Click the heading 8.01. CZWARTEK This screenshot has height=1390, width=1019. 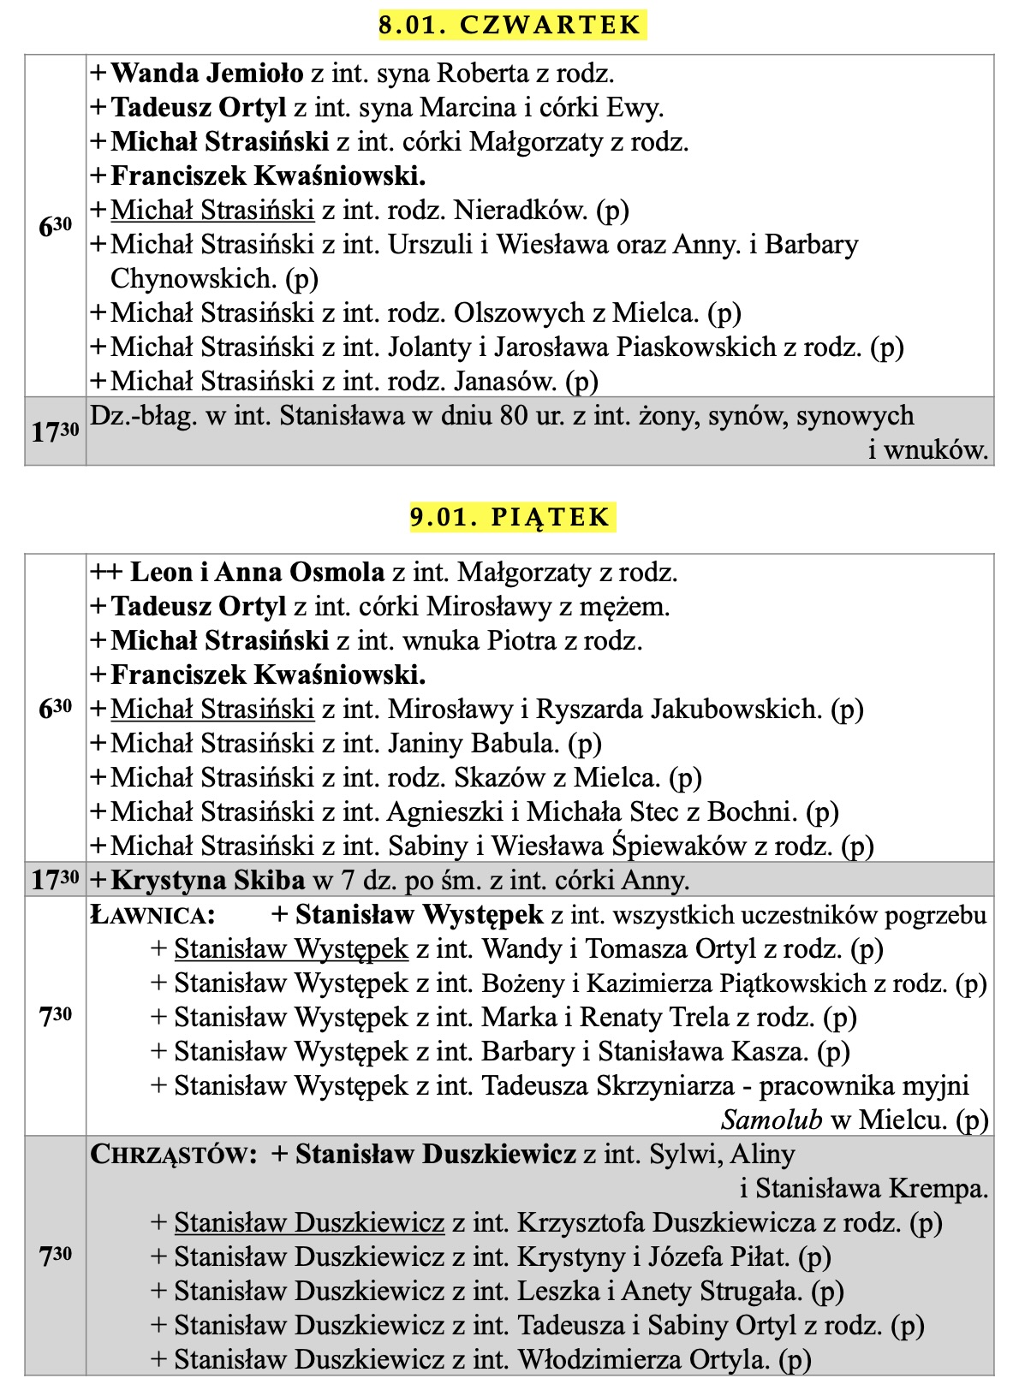click(x=510, y=25)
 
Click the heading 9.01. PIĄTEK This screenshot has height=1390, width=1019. click(x=510, y=517)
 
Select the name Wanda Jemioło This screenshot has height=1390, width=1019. click(x=207, y=74)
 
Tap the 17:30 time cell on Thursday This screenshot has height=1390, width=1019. click(x=55, y=431)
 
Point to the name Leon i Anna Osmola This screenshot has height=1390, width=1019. click(x=257, y=572)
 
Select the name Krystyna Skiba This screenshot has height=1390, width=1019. click(x=208, y=880)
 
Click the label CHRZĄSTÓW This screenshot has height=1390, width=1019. click(x=173, y=1155)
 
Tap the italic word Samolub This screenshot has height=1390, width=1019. click(x=771, y=1120)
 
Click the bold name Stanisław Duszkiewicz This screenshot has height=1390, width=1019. click(x=435, y=1155)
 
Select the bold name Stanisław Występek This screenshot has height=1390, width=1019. click(x=419, y=915)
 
